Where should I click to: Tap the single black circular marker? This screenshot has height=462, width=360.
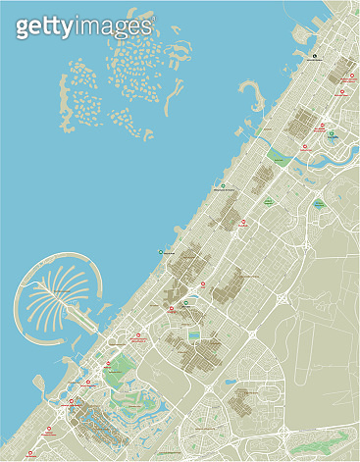[315, 57]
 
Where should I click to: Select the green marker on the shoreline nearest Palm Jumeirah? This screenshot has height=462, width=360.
[162, 252]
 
